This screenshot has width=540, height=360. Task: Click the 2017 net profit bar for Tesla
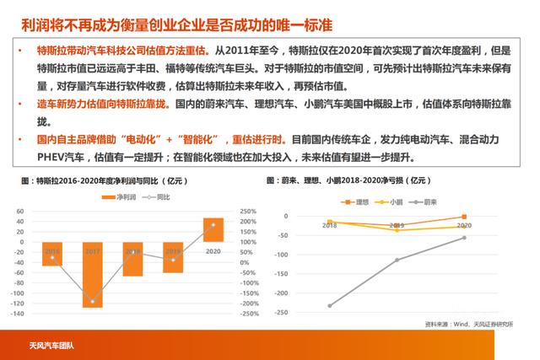point(92,274)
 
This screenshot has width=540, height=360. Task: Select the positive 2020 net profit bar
point(213,230)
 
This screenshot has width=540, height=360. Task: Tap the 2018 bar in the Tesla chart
point(132,259)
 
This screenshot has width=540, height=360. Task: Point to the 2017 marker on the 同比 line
point(92,301)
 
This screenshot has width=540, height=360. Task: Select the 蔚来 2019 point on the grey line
point(397,260)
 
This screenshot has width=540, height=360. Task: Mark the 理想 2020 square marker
point(464,218)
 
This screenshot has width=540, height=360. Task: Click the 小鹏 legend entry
point(391,202)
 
